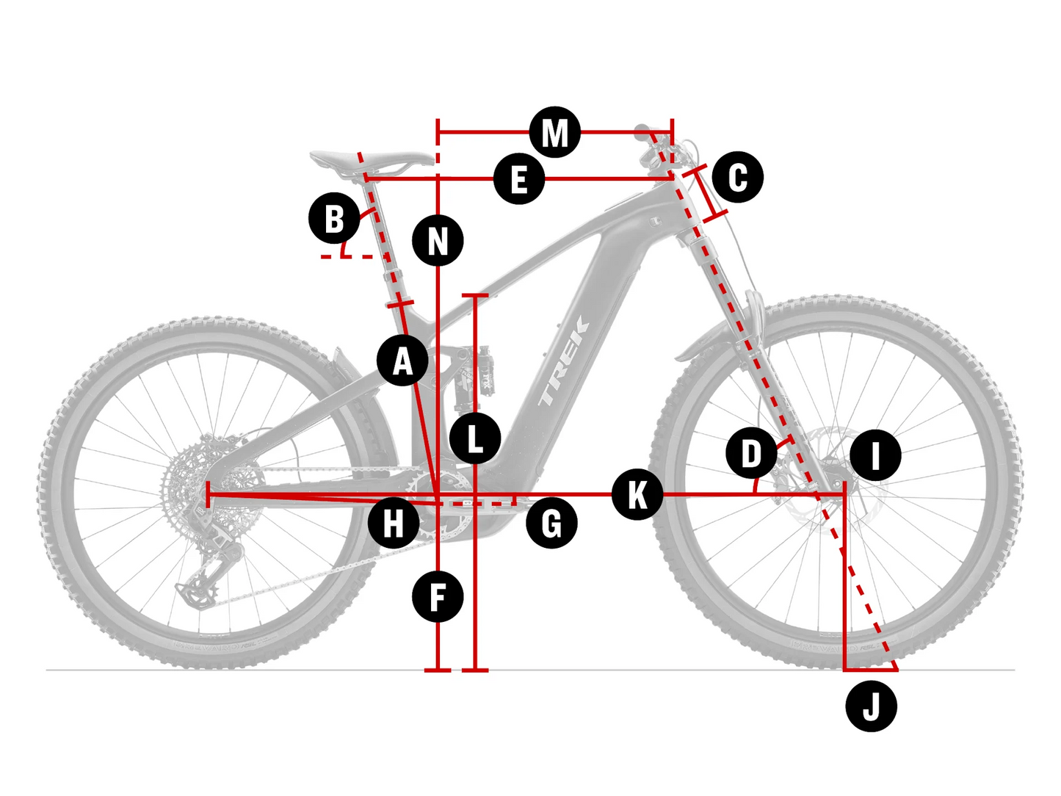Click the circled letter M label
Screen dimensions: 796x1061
(555, 133)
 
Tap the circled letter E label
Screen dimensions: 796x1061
(519, 179)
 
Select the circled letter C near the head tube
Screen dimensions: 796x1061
(737, 177)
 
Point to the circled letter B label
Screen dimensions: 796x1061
(334, 218)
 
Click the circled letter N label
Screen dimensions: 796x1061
(438, 240)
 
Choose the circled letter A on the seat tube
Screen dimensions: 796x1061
(402, 361)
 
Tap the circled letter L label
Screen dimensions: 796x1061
(475, 438)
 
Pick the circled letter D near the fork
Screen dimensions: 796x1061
(751, 454)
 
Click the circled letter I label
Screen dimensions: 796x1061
(875, 455)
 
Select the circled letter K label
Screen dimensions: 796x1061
(637, 494)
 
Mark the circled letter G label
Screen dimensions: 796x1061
(551, 524)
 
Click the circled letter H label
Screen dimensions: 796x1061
(394, 524)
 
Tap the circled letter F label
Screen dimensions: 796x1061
(438, 596)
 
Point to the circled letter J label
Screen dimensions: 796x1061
(871, 706)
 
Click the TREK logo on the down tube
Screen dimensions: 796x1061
(564, 361)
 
